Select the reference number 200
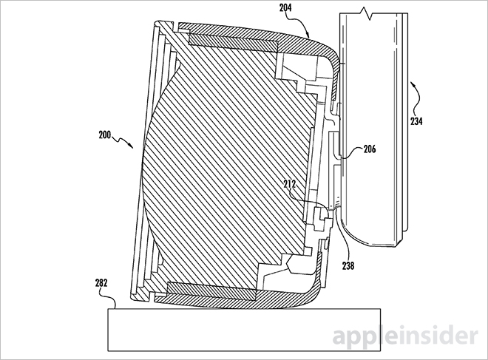106,135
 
